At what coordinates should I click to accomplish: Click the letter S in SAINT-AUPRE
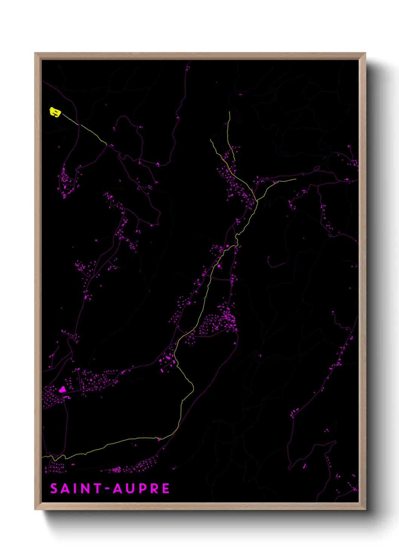coord(54,488)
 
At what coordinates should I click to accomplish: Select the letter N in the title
coord(85,488)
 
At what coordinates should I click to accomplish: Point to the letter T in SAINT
coord(97,488)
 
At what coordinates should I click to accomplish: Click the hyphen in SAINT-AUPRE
coord(107,489)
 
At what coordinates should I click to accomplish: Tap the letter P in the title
coord(142,488)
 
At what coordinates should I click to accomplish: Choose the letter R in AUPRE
coord(154,488)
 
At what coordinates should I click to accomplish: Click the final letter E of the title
coord(166,488)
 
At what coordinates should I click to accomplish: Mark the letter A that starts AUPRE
coord(118,488)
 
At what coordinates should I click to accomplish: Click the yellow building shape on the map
coord(55,112)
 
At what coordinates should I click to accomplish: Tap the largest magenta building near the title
coord(62,389)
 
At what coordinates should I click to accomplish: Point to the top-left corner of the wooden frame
coord(35,53)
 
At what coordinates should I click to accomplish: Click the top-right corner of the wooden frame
coord(365,53)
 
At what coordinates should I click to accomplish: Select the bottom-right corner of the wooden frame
coord(365,510)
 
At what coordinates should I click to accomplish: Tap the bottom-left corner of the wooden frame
coord(35,510)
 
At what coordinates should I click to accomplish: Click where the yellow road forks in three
coord(256,201)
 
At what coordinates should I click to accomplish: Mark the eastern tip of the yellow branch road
coord(296,179)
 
